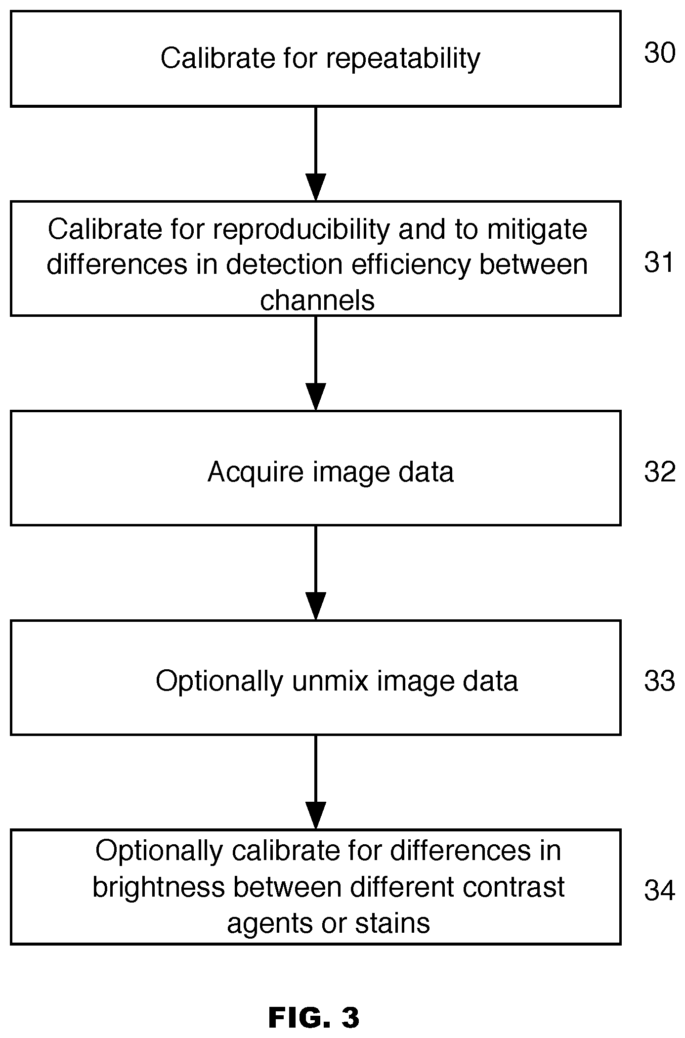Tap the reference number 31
point(659,262)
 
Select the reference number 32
point(659,472)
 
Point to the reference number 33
point(659,681)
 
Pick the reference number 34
point(659,890)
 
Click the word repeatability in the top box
point(403,59)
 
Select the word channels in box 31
point(317,300)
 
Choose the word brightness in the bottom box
point(159,887)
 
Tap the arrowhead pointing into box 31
point(316,187)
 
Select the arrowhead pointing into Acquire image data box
point(316,397)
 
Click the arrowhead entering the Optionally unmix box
point(316,606)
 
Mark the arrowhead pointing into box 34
point(316,816)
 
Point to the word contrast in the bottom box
point(514,887)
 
